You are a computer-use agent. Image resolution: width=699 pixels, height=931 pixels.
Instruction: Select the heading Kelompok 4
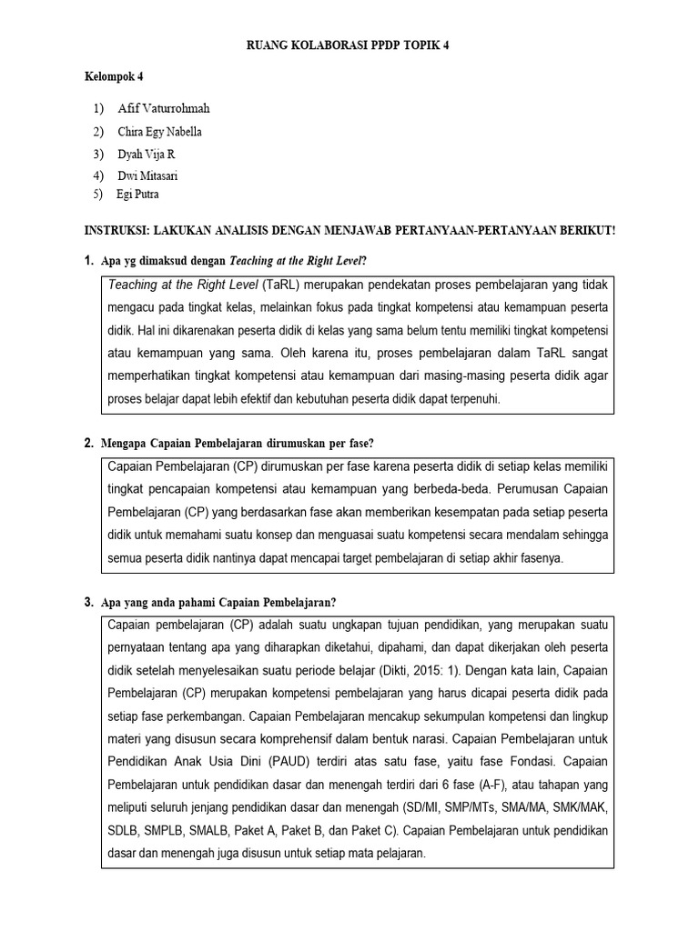(x=115, y=78)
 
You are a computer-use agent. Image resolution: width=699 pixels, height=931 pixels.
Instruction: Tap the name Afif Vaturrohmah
(x=164, y=109)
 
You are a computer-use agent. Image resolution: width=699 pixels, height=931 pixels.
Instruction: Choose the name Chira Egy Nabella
(x=160, y=132)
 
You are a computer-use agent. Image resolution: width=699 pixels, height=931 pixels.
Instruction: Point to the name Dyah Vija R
(x=147, y=155)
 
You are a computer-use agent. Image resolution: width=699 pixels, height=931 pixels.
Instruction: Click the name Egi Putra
(x=137, y=195)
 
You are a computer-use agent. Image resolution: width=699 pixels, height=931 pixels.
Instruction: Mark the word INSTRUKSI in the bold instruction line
(x=118, y=231)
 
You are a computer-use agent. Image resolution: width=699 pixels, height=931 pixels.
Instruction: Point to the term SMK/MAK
(x=580, y=807)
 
